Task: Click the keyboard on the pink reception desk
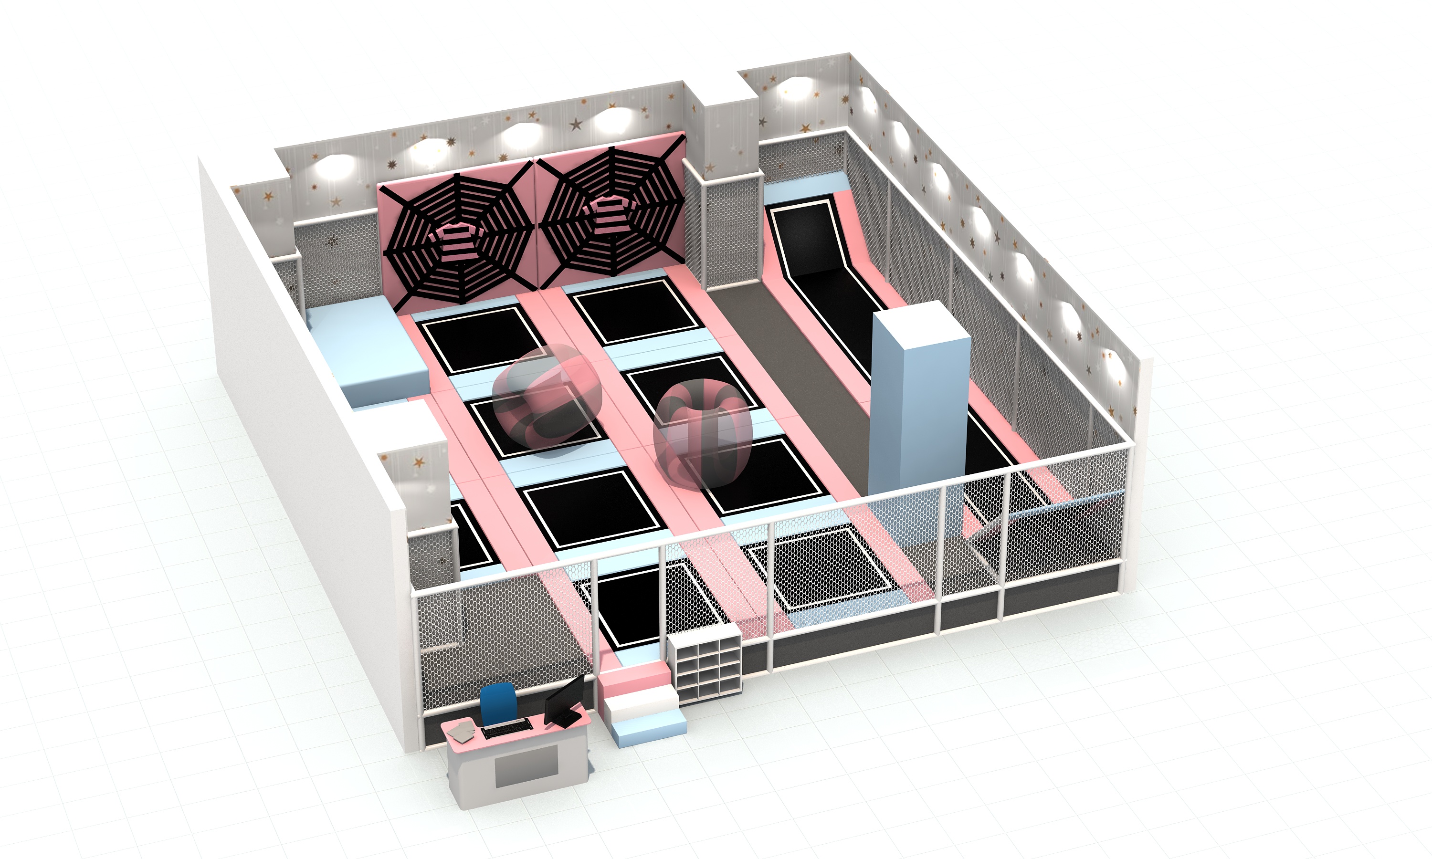pyautogui.click(x=505, y=728)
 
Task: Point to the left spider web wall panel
pyautogui.click(x=457, y=231)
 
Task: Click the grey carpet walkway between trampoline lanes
pyautogui.click(x=805, y=376)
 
